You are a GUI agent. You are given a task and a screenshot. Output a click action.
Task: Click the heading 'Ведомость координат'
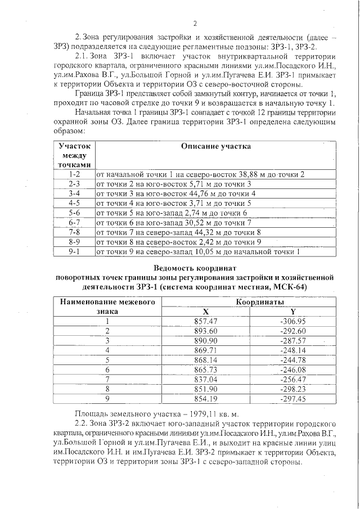195,268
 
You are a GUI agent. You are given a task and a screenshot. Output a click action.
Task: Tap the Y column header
292,312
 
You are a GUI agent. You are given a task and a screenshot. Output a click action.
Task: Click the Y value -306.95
292,321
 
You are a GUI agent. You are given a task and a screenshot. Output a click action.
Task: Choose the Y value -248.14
292,350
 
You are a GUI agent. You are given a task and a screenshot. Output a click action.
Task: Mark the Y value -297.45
292,398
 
